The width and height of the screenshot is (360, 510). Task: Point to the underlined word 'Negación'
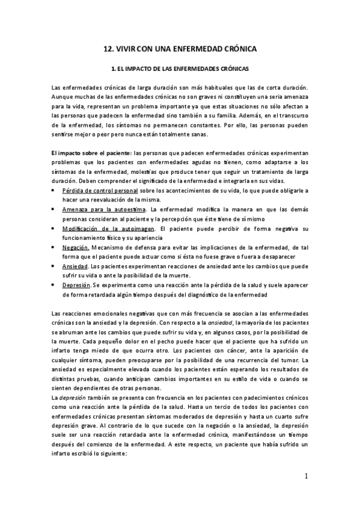[76, 247]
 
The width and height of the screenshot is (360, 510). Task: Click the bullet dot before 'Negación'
[54, 247]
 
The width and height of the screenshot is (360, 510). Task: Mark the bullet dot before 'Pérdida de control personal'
[54, 190]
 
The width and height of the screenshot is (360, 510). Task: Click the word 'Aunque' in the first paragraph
[63, 96]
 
